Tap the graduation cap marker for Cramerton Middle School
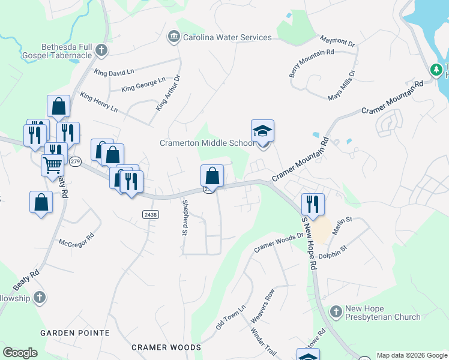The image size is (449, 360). [262, 131]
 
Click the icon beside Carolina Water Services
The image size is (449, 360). [174, 37]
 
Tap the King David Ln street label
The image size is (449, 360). [114, 73]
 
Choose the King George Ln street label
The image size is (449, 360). [143, 85]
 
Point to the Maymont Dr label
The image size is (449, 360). [337, 41]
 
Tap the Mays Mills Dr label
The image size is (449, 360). [342, 85]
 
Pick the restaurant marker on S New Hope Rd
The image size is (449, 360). [313, 205]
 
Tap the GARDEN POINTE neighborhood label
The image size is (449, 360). [75, 332]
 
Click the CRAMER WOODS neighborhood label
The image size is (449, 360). [166, 347]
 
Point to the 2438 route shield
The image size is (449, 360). [150, 214]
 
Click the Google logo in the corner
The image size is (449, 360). [20, 353]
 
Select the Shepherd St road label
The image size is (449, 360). [184, 217]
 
